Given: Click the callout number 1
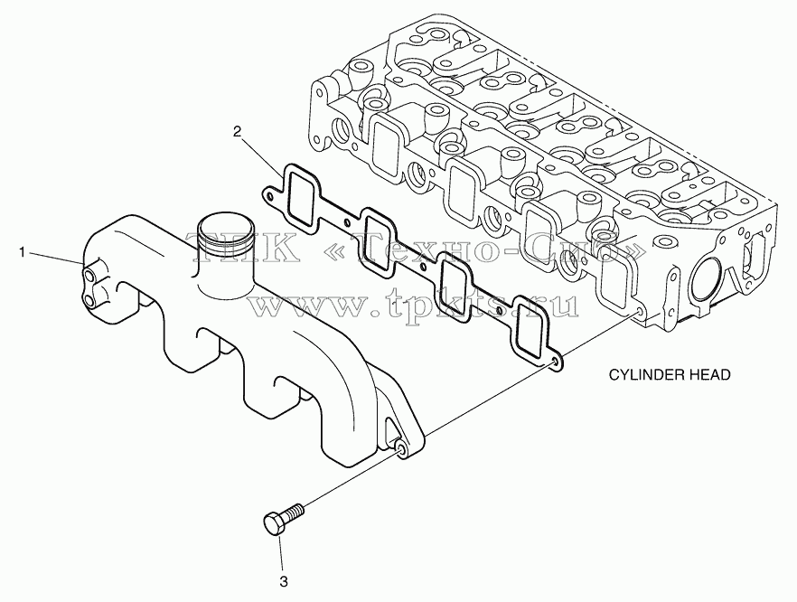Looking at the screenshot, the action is (22, 251).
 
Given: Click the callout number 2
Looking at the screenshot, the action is (237, 132).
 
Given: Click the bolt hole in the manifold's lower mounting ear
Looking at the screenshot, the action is (401, 449).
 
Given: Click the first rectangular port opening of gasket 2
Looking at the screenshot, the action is (301, 197).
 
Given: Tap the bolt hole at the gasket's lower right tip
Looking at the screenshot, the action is (555, 362).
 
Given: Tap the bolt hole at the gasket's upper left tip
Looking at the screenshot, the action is (270, 194).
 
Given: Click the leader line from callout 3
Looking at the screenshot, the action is (280, 555).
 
